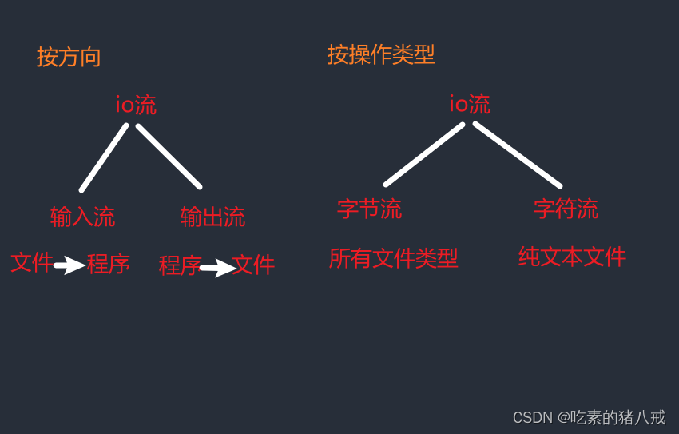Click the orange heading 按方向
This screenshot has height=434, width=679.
[69, 57]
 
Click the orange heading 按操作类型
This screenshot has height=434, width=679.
[381, 54]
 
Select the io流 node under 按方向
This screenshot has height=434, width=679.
[136, 105]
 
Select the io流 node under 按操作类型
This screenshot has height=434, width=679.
[470, 104]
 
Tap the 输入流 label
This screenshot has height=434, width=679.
[82, 217]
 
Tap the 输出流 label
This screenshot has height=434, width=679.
[212, 217]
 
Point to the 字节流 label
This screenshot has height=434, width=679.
[369, 209]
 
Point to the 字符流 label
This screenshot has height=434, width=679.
[566, 209]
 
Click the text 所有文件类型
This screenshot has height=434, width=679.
[393, 258]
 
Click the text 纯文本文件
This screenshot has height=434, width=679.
[572, 257]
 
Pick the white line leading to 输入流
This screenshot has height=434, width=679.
[104, 157]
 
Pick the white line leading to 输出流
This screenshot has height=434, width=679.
[169, 156]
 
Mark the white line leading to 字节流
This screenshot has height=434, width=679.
[424, 154]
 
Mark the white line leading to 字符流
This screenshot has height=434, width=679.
[518, 155]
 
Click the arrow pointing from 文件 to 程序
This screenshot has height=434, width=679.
[69, 265]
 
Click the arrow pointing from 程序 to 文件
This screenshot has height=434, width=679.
[217, 268]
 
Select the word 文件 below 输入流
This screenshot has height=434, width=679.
[32, 262]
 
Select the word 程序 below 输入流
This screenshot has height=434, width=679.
[109, 264]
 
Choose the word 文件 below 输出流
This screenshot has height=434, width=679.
[253, 265]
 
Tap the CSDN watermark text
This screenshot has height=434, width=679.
[589, 417]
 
